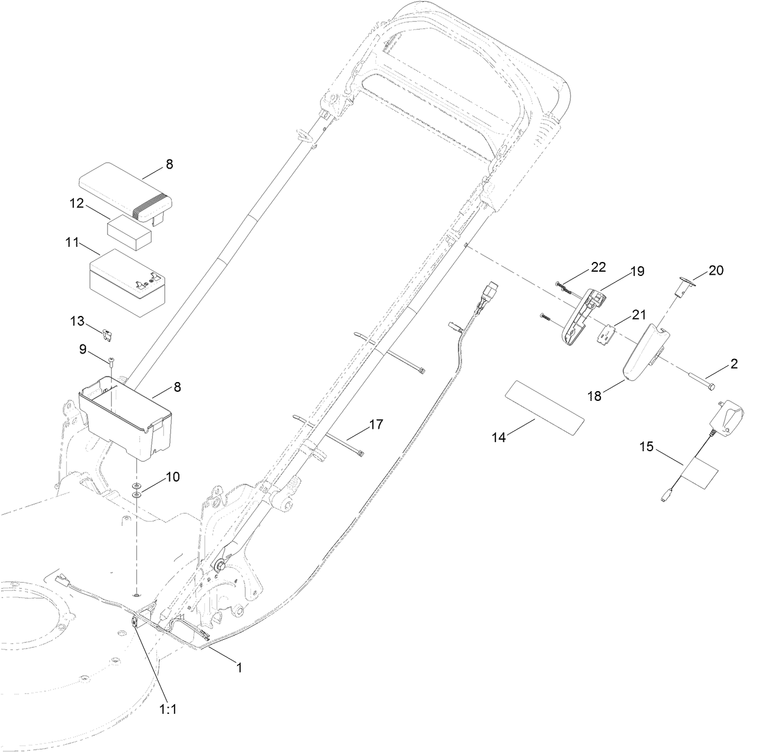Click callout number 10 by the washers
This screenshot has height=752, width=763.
[x=172, y=477]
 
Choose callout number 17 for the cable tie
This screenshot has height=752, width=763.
[x=375, y=425]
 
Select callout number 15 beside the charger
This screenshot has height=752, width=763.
[x=646, y=447]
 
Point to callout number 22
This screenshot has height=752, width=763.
[x=598, y=267]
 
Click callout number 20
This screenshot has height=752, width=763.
[x=716, y=270]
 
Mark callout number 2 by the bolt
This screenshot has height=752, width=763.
[x=733, y=364]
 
